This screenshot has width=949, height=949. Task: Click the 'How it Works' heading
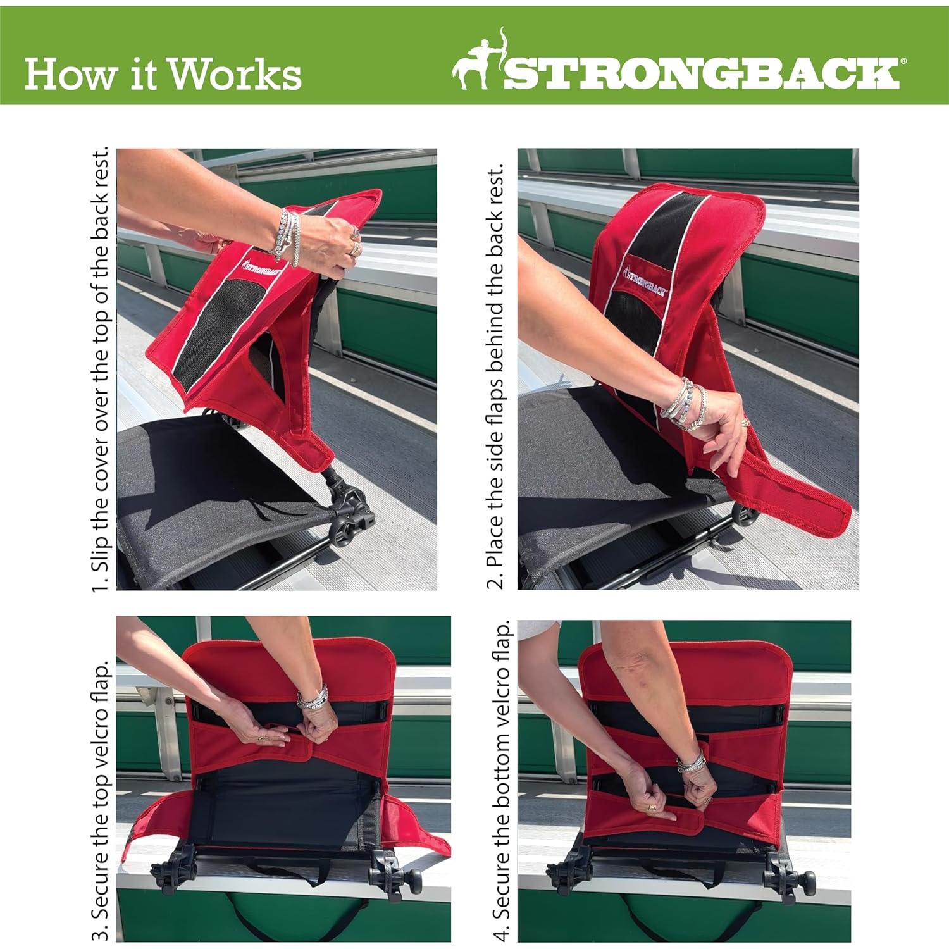[x=163, y=74]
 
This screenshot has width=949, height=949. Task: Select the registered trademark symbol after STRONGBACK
[x=903, y=61]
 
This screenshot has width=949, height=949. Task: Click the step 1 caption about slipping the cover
[x=101, y=369]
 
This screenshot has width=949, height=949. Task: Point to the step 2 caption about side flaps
[x=495, y=376]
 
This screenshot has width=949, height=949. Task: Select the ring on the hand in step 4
[x=652, y=809]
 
